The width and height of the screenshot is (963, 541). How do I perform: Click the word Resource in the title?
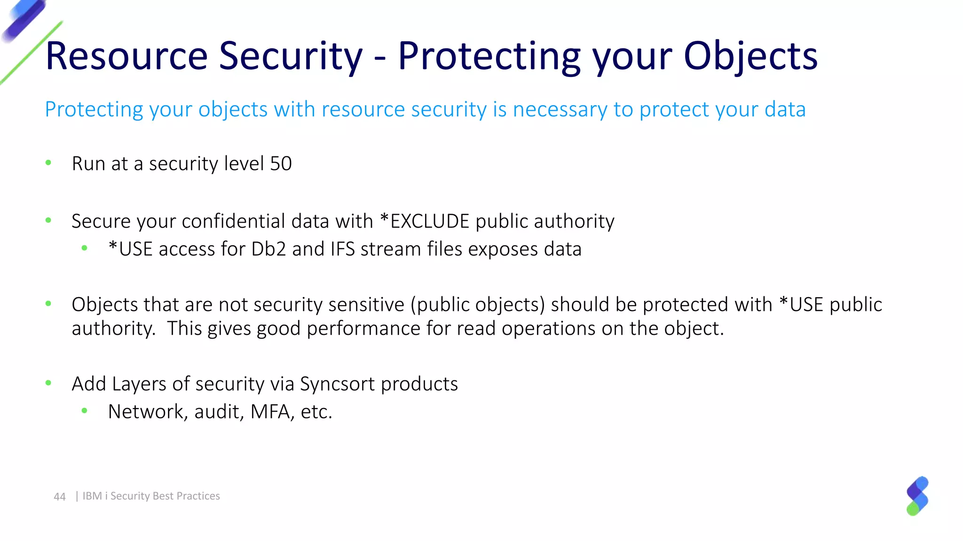[x=126, y=56]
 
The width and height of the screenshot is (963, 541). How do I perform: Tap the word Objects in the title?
[x=750, y=56]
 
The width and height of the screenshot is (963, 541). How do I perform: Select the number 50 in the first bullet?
[x=281, y=163]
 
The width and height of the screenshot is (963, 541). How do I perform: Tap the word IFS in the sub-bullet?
[x=342, y=249]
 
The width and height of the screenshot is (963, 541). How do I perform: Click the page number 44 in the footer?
[x=60, y=496]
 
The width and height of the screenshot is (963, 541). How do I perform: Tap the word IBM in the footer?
[x=92, y=496]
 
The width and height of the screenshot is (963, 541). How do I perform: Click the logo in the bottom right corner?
[x=917, y=496]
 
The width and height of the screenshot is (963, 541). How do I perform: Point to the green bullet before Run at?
[x=48, y=163]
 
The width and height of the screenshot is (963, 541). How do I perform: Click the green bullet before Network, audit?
[x=85, y=411]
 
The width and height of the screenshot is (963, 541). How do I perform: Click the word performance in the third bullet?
[x=363, y=328]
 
